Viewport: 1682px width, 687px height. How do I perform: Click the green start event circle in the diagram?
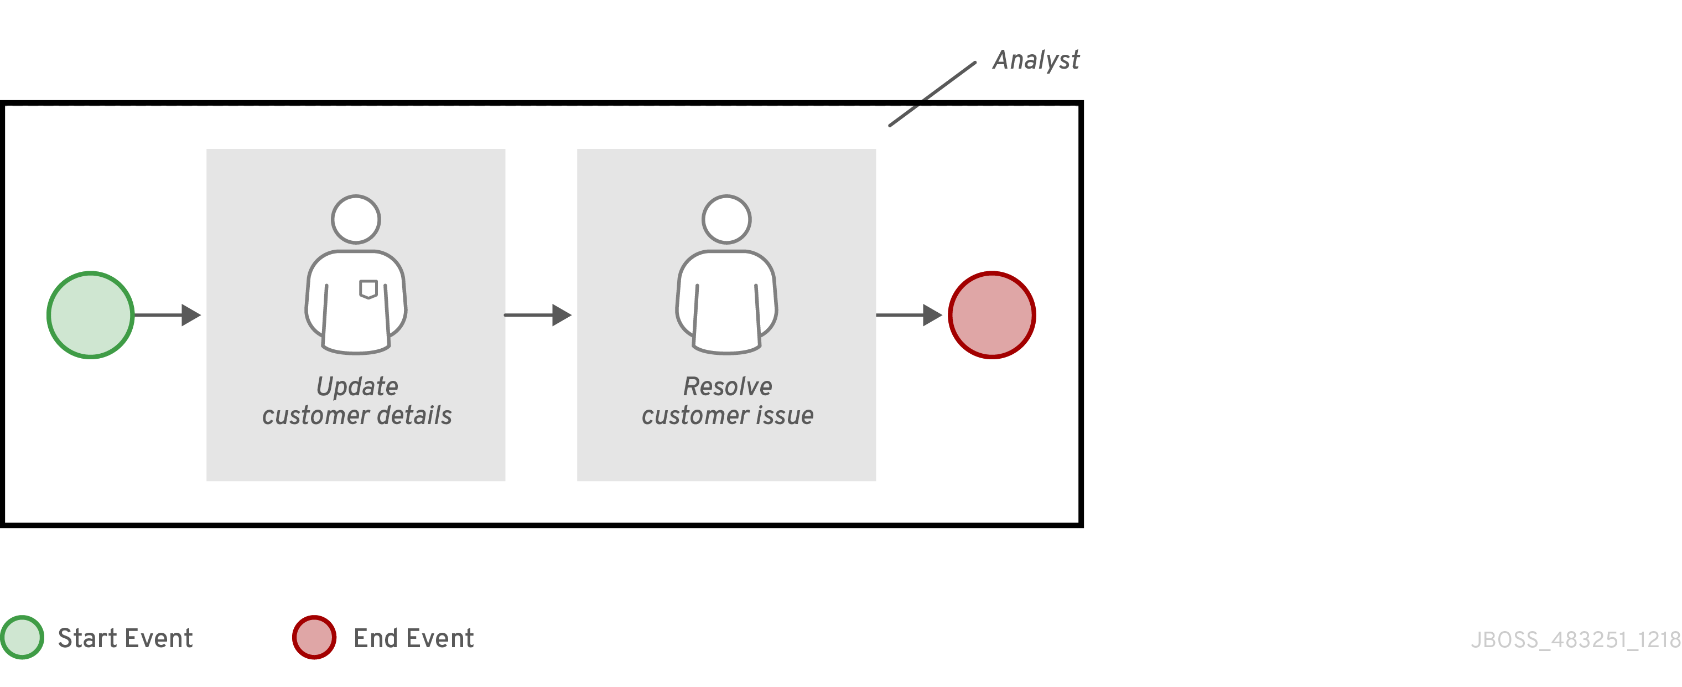(x=91, y=315)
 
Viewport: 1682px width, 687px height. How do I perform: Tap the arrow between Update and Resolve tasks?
(x=537, y=315)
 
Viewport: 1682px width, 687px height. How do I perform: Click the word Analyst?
(x=1036, y=60)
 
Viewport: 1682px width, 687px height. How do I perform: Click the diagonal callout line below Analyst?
(x=932, y=94)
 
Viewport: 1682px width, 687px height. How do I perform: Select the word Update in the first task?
(x=357, y=386)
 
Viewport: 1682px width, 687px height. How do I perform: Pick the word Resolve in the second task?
(x=728, y=386)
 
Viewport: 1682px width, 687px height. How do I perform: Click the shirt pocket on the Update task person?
(x=368, y=288)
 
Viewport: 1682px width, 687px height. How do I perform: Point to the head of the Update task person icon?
(x=356, y=219)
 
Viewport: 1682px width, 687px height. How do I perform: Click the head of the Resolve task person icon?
(x=726, y=219)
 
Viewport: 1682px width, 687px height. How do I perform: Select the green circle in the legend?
(x=22, y=637)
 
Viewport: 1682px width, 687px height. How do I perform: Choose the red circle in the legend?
(x=314, y=637)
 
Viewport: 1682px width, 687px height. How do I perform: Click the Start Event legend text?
(x=126, y=638)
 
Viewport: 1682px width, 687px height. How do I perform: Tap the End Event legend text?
(x=413, y=638)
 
